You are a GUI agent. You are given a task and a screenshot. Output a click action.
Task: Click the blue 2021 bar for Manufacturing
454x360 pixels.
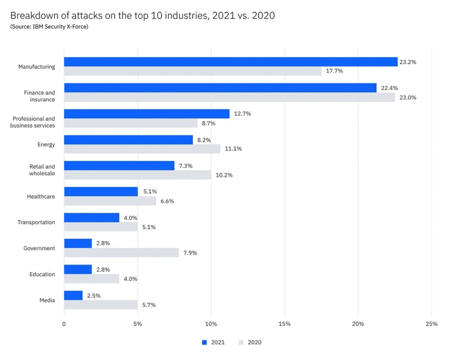point(230,62)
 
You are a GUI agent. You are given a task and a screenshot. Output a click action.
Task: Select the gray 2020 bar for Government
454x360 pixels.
point(121,253)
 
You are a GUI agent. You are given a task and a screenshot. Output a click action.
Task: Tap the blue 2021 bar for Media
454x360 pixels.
point(73,295)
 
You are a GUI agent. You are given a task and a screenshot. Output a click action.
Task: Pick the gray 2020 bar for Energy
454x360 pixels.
point(142,149)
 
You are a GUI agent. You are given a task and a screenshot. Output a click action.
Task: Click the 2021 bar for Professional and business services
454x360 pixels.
point(147,114)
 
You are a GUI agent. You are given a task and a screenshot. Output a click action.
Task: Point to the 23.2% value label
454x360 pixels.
point(408,62)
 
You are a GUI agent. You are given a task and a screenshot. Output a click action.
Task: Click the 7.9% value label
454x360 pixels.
point(190,253)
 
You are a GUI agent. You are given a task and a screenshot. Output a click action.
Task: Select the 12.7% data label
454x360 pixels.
point(242,114)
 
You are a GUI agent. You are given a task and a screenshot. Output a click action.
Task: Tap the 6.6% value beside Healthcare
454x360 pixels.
point(167,201)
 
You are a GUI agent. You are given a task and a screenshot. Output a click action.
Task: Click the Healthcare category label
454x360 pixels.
point(41,197)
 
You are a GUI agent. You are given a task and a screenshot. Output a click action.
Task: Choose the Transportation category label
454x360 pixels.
point(36,222)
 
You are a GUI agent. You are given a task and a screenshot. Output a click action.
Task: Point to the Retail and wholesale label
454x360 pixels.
point(42,170)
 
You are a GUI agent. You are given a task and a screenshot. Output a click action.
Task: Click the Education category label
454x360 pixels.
point(42,274)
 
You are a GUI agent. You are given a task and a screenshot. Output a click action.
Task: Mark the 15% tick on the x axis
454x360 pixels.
point(284,324)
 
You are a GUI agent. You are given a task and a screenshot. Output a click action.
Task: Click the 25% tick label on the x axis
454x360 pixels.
point(431,324)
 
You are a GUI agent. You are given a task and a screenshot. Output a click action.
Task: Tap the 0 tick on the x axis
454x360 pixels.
point(64,324)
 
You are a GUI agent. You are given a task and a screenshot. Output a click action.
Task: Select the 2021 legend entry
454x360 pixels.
point(214,342)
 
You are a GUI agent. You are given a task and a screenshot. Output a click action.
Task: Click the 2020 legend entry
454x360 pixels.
point(250,342)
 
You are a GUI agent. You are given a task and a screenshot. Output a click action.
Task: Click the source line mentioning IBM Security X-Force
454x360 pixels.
point(49,27)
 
